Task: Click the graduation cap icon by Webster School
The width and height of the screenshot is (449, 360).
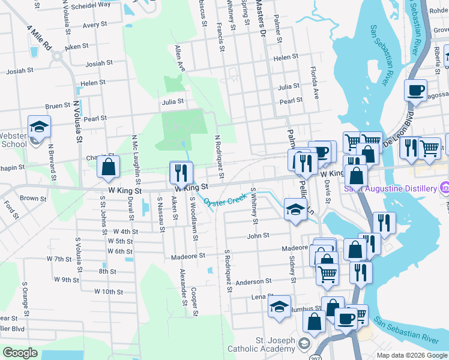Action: tap(39, 127)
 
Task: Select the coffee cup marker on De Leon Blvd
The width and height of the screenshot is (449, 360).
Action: tap(415, 91)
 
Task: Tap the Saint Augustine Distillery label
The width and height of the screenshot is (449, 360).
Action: tap(390, 189)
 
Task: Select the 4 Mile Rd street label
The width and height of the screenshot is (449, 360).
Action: tap(39, 37)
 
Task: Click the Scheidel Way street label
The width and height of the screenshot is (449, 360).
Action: tap(90, 4)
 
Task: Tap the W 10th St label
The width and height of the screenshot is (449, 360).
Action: tap(108, 292)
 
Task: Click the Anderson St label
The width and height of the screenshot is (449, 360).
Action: tap(253, 281)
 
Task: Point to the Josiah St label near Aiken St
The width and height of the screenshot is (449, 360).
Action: tap(99, 63)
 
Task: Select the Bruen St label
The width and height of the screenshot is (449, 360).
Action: tap(58, 106)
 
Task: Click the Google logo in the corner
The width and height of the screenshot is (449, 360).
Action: tap(20, 353)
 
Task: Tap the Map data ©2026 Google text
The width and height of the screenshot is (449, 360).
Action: tap(412, 355)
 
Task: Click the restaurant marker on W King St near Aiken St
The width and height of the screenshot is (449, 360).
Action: tap(180, 173)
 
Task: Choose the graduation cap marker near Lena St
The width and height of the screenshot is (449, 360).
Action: tap(279, 307)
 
